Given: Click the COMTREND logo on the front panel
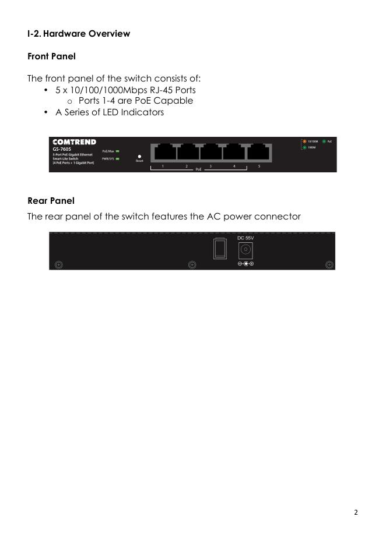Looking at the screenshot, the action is click(x=74, y=142).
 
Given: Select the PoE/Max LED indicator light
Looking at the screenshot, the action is click(x=117, y=151).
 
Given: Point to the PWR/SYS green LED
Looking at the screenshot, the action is click(x=117, y=158).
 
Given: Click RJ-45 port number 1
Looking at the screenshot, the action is click(x=163, y=153).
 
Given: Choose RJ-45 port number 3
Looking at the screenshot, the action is click(x=210, y=153).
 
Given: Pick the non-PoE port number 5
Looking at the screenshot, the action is click(x=258, y=153).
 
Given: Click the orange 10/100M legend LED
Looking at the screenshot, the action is click(x=304, y=141).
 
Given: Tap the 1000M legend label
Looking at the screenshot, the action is click(x=312, y=148).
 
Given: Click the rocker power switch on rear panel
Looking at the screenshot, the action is click(x=220, y=249).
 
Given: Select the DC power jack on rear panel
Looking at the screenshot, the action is click(x=245, y=250).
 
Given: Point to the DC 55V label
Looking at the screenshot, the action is click(x=245, y=238).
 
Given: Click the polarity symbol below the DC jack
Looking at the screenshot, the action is click(x=245, y=264).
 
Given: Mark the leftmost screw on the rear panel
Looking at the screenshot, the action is click(x=58, y=265).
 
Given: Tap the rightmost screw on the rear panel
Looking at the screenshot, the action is click(x=329, y=265).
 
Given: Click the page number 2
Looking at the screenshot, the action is click(x=356, y=512).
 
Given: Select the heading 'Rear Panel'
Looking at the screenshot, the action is click(x=51, y=201).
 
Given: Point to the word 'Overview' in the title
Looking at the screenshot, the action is click(x=109, y=34).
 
